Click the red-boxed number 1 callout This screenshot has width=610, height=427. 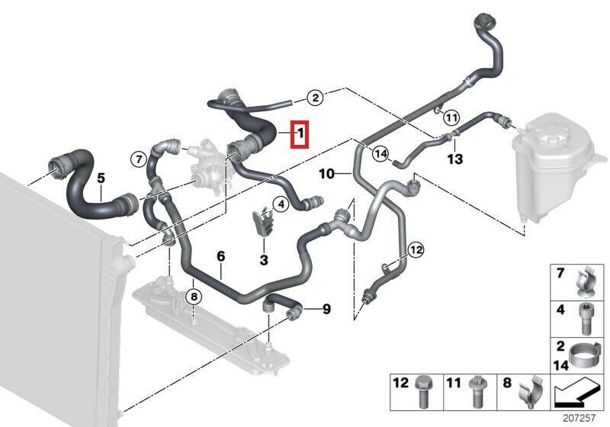coord(300,136)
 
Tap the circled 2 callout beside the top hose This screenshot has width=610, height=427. coord(315,98)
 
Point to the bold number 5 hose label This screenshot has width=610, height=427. coord(101,179)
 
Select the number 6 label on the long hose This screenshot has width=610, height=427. coord(221,256)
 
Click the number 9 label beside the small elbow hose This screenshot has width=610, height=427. coord(326,309)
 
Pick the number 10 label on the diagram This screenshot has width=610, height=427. coord(325,174)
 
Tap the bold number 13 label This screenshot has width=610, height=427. coord(454,159)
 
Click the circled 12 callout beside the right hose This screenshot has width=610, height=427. coord(416,249)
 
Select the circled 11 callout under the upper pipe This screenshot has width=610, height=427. coord(451,117)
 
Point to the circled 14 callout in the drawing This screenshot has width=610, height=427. coord(380,153)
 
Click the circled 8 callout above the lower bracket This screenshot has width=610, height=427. coord(194,297)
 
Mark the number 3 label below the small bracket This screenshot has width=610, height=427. coord(264,260)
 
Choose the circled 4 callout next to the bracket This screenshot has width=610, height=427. coord(281,204)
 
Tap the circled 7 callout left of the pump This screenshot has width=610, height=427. coord(138,159)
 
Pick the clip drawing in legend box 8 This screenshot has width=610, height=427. coord(529,393)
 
